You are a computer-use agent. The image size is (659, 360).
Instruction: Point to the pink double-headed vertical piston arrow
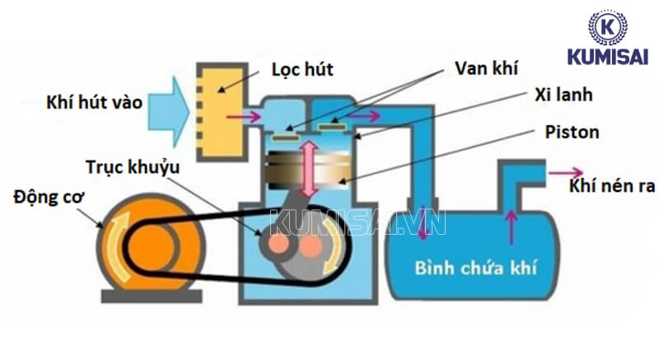(310, 167)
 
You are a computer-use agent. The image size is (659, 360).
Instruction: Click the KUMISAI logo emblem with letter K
(608, 27)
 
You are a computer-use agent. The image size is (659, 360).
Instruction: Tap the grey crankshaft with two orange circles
(296, 240)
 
